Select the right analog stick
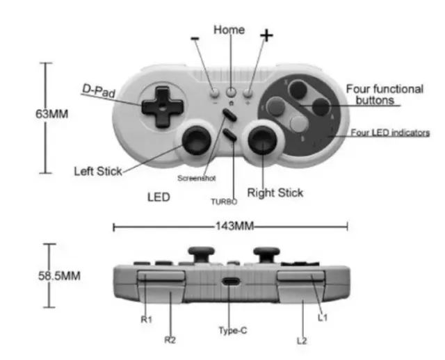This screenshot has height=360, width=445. click(264, 142)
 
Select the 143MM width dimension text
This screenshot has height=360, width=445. click(229, 227)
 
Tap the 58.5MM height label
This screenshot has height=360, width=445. click(59, 275)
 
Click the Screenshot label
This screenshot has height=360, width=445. click(197, 178)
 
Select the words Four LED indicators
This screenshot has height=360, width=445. click(390, 132)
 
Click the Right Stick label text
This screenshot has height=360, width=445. click(275, 193)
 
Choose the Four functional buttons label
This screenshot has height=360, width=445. click(384, 95)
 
